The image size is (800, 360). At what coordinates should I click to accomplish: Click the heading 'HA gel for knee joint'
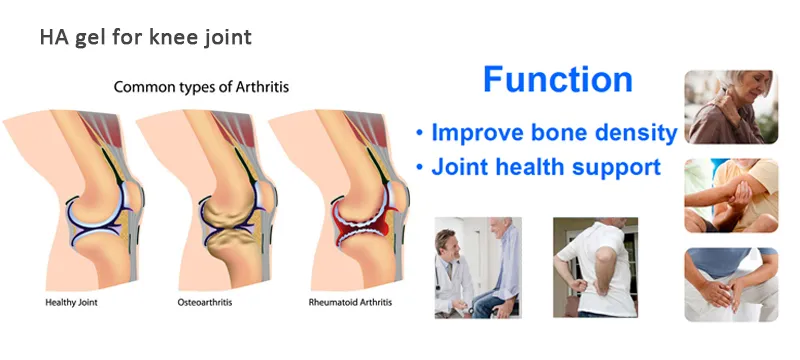145,39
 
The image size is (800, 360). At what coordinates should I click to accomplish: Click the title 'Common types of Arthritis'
201,87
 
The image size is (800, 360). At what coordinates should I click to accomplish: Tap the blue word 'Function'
557,80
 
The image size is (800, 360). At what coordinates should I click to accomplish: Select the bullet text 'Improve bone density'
547,133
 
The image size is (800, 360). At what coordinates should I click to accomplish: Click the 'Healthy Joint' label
70,299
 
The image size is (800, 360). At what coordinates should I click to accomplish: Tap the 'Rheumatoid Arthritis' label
339,299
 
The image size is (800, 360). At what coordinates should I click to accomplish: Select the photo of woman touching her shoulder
730,106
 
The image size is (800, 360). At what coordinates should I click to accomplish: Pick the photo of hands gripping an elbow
730,195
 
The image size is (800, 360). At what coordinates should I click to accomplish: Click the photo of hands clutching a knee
730,285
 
